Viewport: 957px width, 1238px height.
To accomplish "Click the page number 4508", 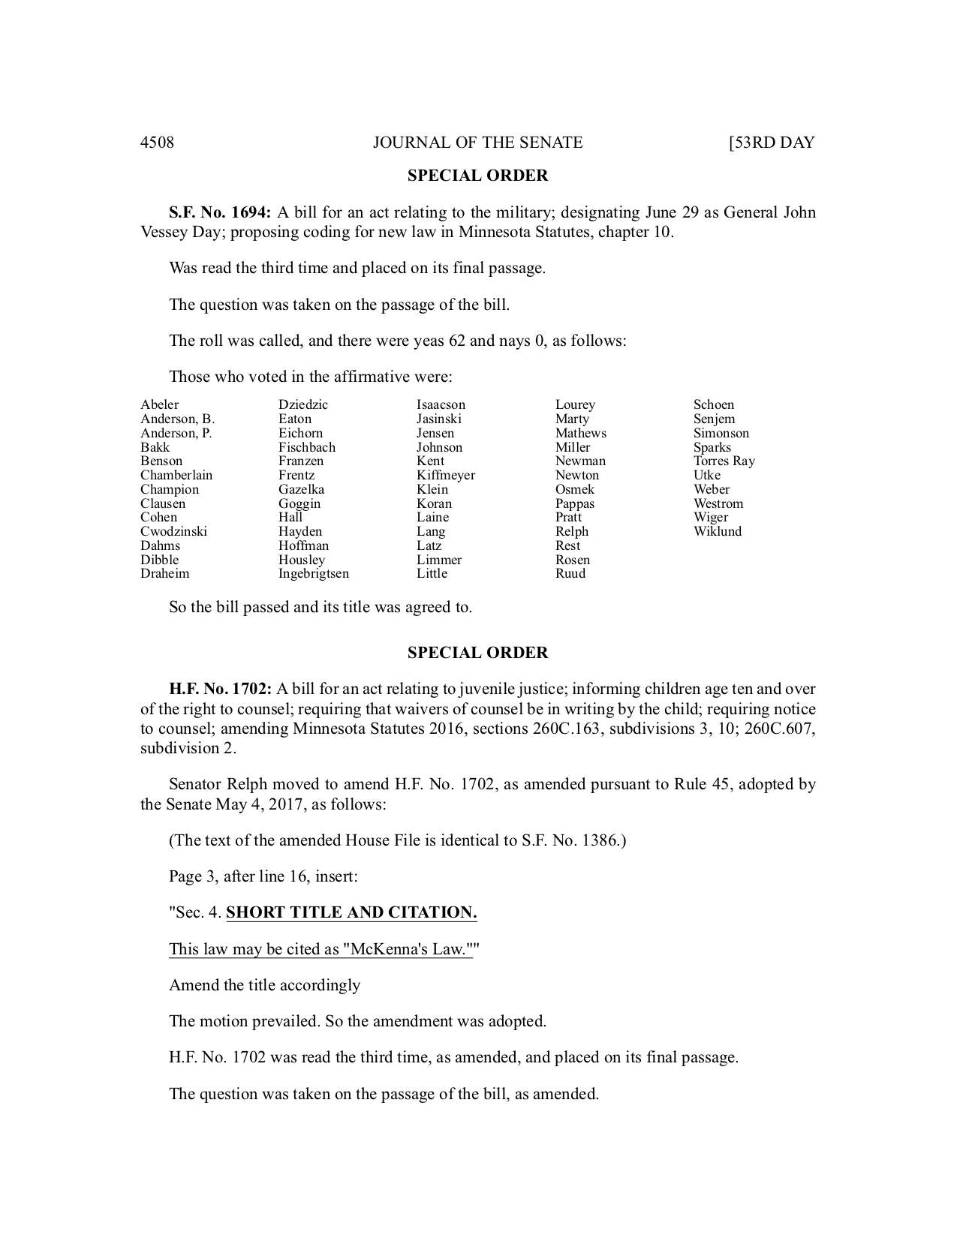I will [x=157, y=143].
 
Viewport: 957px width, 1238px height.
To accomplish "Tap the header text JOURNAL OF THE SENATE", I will [x=477, y=143].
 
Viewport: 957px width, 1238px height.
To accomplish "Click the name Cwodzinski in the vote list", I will [x=173, y=531].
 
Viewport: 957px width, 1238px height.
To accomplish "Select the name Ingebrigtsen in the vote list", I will [x=314, y=574].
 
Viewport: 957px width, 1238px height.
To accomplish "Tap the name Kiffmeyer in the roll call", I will [x=446, y=475].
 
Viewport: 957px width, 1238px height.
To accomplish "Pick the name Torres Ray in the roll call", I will [x=724, y=461].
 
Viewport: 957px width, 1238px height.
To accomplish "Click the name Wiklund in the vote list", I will [x=718, y=531].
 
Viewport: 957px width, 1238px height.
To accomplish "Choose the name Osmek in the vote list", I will [x=575, y=489].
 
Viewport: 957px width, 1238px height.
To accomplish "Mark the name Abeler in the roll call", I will [x=159, y=405].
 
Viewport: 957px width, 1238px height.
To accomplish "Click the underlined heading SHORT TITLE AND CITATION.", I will [x=351, y=913].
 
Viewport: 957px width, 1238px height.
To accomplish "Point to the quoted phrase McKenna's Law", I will [x=408, y=949].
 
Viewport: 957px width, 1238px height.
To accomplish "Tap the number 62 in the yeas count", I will [x=456, y=341].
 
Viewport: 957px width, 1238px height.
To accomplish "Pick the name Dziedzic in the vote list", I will [x=303, y=405].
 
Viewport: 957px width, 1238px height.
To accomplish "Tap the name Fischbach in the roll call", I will [x=307, y=447].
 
